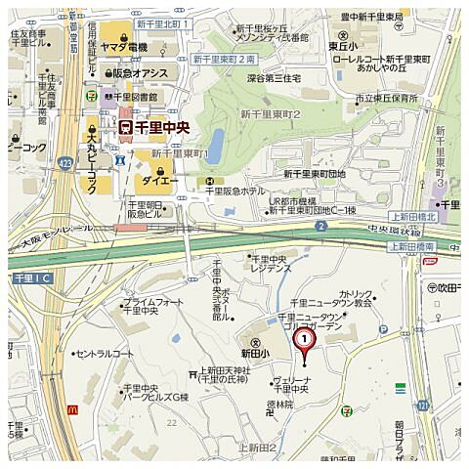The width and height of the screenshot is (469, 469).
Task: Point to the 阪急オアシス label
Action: [140, 73]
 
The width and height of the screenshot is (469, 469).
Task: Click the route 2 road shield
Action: [320, 226]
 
